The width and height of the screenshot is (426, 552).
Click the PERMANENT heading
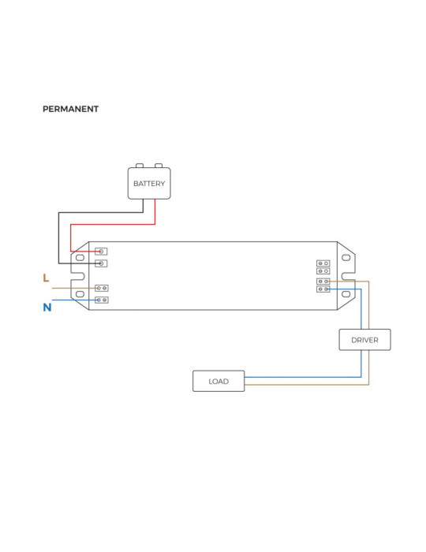coord(70,109)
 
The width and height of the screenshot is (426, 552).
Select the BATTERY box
coord(149,184)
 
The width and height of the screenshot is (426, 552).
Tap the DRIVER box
coord(364,340)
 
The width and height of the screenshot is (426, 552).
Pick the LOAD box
coord(219,381)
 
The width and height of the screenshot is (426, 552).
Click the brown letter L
coord(46,278)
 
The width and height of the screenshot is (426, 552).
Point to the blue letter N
coord(47,308)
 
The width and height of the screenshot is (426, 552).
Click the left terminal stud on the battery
coord(140,166)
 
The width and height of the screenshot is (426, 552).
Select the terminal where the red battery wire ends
coord(101,252)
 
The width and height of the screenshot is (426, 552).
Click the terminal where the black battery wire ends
coord(101,263)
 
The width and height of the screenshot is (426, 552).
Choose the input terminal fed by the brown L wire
coord(101,289)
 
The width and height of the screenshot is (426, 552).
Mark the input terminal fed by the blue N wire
coord(101,300)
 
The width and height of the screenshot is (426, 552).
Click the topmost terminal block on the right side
coord(323,263)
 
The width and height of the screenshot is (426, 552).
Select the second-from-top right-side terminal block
coord(323,271)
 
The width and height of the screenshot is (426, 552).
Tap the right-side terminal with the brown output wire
coord(323,281)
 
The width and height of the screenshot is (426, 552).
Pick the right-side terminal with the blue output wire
coord(323,289)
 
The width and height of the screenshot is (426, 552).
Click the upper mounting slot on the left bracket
coord(80,257)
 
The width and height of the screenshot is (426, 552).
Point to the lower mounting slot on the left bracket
coord(80,294)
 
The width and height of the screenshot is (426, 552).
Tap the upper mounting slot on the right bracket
coord(346,257)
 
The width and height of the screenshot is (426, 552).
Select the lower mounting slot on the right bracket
coord(346,294)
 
